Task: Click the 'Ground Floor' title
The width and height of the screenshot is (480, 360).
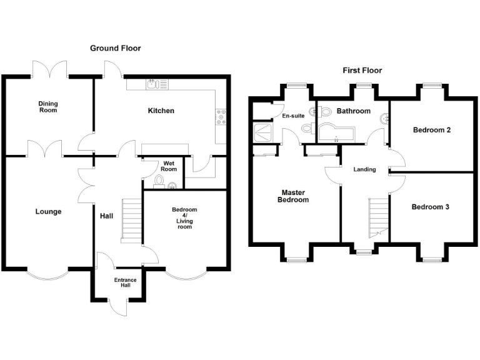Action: pyautogui.click(x=116, y=48)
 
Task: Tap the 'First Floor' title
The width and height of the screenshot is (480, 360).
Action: pyautogui.click(x=362, y=71)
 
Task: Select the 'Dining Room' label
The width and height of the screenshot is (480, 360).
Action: pyautogui.click(x=47, y=107)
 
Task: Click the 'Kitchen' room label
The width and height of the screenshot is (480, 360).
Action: pyautogui.click(x=161, y=111)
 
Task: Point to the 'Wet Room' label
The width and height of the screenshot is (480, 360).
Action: pyautogui.click(x=169, y=166)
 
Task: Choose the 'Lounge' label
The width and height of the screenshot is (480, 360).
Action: pyautogui.click(x=48, y=211)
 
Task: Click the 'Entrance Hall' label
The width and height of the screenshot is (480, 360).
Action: pyautogui.click(x=125, y=282)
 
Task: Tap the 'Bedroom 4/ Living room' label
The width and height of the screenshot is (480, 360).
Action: pyautogui.click(x=184, y=218)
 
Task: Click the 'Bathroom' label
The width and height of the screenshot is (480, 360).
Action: pyautogui.click(x=354, y=111)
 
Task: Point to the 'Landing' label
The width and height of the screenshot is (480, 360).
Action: pyautogui.click(x=364, y=169)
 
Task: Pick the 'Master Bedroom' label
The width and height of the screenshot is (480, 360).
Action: pyautogui.click(x=295, y=196)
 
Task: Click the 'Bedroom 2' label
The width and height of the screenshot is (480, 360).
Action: pyautogui.click(x=432, y=130)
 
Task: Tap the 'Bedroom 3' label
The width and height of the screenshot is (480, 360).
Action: pyautogui.click(x=430, y=206)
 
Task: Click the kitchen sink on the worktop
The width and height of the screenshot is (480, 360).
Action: pyautogui.click(x=154, y=82)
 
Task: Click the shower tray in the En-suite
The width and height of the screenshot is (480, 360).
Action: pyautogui.click(x=260, y=131)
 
